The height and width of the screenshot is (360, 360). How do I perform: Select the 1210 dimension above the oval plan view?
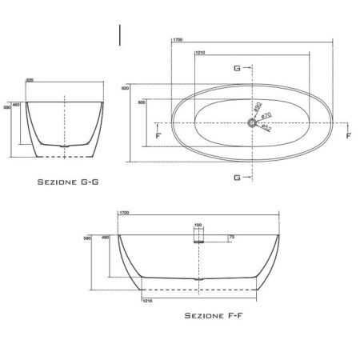[x=200, y=54]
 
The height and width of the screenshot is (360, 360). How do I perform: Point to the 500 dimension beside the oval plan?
[x=142, y=103]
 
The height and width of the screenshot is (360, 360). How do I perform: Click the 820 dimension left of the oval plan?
[x=126, y=88]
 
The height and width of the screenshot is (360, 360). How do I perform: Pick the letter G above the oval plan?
[x=237, y=69]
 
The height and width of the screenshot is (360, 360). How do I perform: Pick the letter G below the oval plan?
[x=237, y=177]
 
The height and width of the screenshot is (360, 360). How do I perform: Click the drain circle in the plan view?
[x=252, y=123]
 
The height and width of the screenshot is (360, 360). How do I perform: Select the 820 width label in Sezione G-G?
[x=30, y=81]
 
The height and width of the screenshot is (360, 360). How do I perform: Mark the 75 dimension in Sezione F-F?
[x=232, y=238]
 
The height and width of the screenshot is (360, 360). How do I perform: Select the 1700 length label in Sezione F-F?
[x=124, y=213]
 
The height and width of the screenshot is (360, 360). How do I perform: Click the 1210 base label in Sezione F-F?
[x=148, y=302]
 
